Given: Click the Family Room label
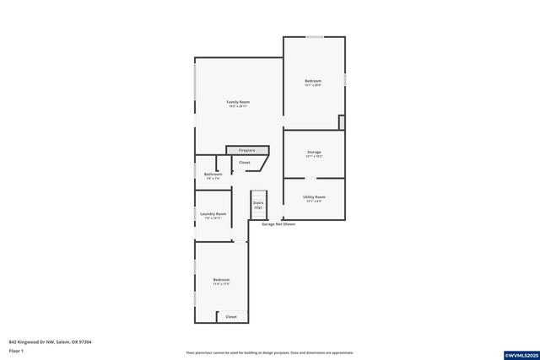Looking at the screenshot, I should tap(238, 102).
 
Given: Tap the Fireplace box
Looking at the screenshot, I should tap(246, 150).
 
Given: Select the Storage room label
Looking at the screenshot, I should tap(314, 152).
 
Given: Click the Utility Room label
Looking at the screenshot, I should tap(314, 196).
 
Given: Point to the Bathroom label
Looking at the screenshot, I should tap(213, 175).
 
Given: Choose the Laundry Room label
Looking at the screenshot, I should tap(213, 213).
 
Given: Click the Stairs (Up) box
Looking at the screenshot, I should tap(258, 205).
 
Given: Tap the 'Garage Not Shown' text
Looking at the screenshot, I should tap(278, 224).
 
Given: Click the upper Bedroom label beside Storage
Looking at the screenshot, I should tap(313, 81).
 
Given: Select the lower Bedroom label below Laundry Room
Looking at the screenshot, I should tap(221, 280).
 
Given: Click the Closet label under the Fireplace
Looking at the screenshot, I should tap(245, 162).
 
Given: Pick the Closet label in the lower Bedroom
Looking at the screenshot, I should tap(231, 317).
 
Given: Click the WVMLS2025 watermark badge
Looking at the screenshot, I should tap(520, 355).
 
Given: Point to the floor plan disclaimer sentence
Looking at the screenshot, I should tap(270, 352).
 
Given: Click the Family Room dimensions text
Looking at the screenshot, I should tap(238, 107).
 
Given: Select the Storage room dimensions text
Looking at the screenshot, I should tap(314, 157).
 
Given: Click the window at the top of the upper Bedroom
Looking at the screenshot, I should tap(314, 36).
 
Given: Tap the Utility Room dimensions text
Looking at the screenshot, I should tap(314, 201).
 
